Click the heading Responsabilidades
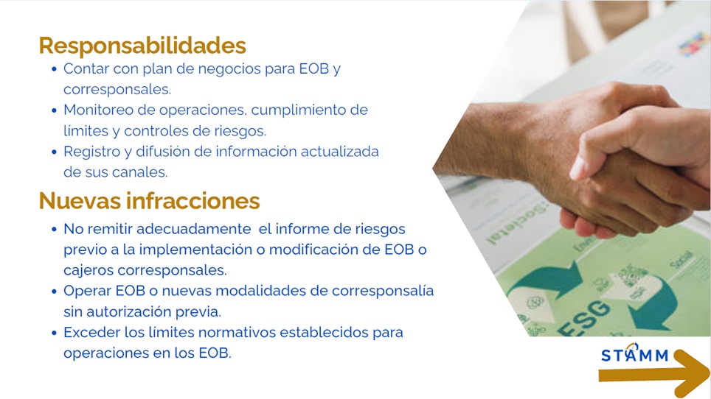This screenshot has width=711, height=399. (142, 45)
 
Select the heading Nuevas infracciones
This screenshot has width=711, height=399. (149, 200)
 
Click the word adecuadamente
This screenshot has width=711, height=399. (194, 229)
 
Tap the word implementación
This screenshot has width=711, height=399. (197, 250)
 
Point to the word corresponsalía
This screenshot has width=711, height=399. (383, 291)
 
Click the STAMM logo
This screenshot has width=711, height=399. (635, 354)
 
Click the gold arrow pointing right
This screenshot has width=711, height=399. (653, 374)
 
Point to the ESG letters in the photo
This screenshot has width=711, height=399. (585, 319)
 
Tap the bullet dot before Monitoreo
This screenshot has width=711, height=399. (55, 110)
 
